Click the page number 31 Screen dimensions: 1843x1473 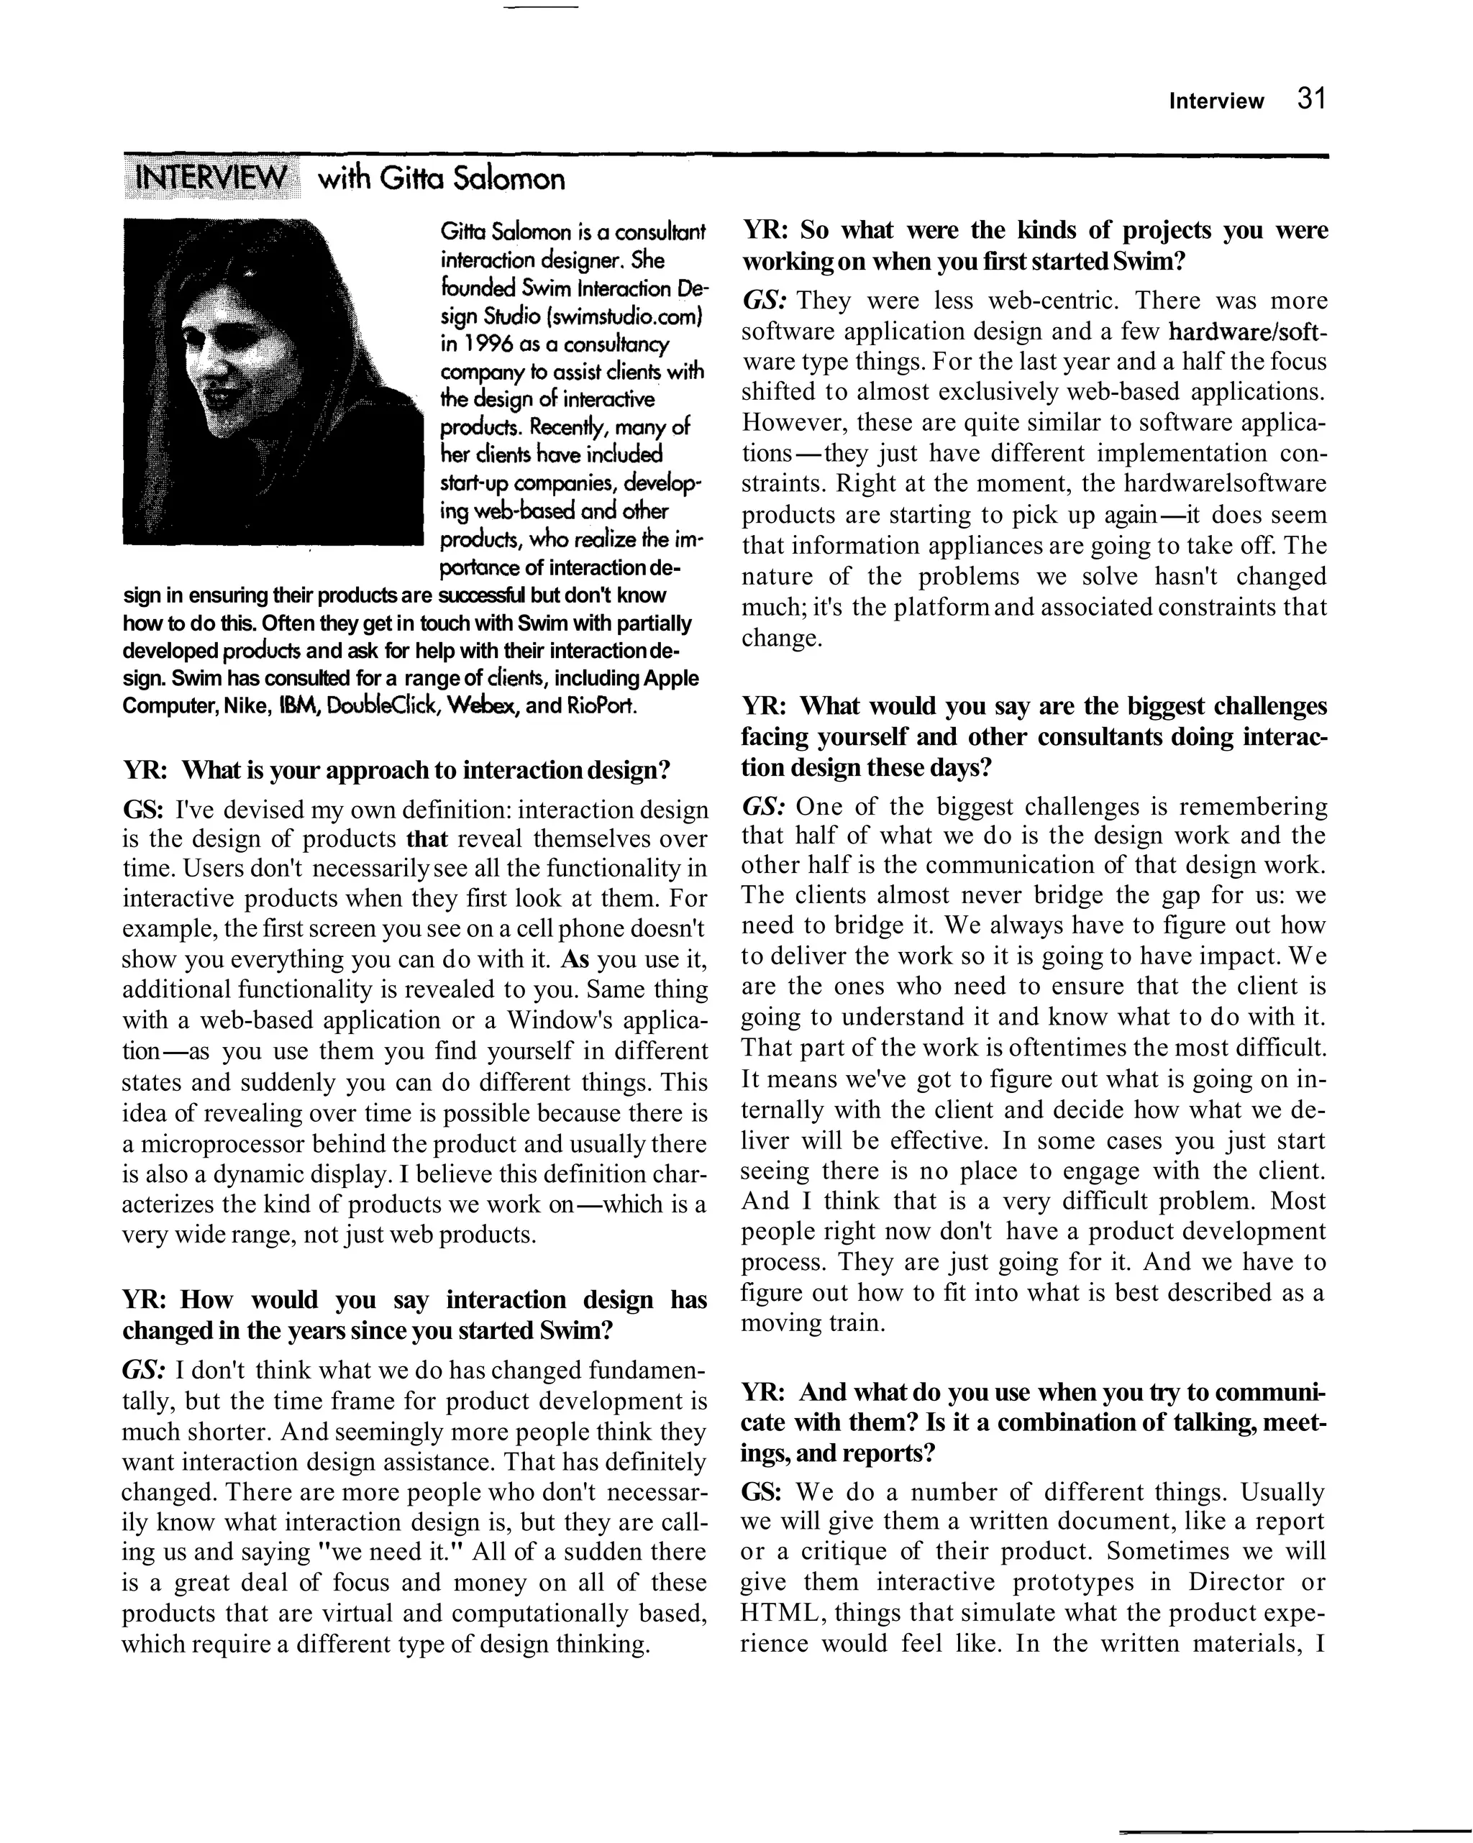(1310, 99)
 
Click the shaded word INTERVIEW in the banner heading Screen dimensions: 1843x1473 (212, 178)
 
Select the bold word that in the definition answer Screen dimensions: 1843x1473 (427, 838)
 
